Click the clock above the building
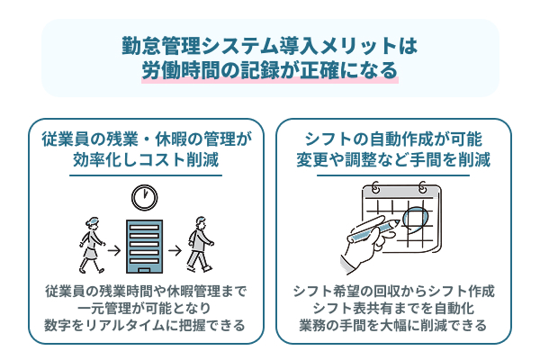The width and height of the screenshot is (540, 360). (x=139, y=196)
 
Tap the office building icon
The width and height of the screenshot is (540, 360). (x=139, y=242)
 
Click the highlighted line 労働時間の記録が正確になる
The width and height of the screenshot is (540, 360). (x=269, y=70)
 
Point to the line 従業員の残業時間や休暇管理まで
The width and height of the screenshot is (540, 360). (x=146, y=292)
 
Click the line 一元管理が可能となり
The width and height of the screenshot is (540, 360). (x=146, y=309)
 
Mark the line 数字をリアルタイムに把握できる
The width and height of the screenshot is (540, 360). (x=146, y=326)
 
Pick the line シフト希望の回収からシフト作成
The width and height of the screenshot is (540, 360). (x=393, y=292)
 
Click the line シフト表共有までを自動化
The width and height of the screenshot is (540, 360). (x=393, y=309)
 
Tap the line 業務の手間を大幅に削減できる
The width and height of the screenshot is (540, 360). (x=393, y=326)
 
